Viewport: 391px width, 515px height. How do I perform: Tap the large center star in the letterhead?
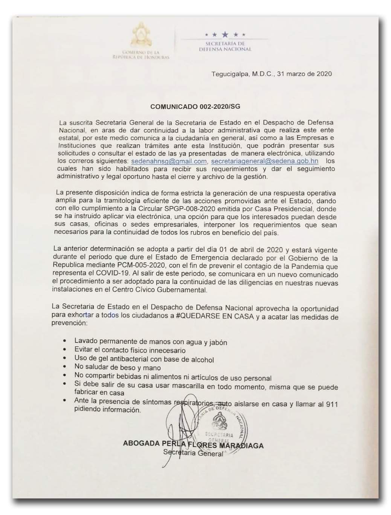click(x=225, y=35)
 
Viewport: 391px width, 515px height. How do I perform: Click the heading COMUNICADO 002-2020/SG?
click(x=195, y=107)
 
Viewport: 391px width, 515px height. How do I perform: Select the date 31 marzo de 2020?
click(x=304, y=74)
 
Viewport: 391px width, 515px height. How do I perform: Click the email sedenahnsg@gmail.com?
click(x=169, y=162)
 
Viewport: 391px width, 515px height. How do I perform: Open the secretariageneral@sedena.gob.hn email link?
click(x=264, y=161)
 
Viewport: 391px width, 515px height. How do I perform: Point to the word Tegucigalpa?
click(x=230, y=74)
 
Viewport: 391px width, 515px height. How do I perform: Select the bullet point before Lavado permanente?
click(x=65, y=341)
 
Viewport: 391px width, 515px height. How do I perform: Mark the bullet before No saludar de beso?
click(x=65, y=367)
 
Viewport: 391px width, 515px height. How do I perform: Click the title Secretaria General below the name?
click(x=193, y=453)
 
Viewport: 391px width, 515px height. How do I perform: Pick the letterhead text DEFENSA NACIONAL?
click(x=225, y=49)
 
